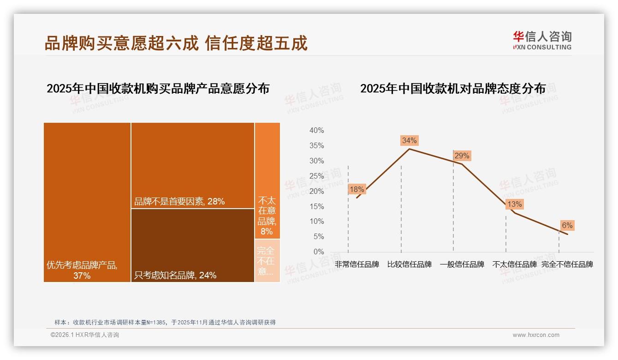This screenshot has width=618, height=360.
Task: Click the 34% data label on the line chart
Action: [x=409, y=140]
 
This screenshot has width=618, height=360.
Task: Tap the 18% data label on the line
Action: [x=357, y=189]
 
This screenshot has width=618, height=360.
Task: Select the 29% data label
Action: [x=462, y=156]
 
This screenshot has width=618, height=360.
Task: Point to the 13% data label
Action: [x=514, y=204]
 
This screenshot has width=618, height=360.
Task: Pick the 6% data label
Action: [x=567, y=225]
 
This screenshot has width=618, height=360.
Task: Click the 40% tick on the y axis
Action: [x=316, y=131]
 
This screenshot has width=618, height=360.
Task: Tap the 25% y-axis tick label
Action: [x=316, y=176]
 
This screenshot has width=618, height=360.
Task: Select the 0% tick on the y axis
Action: [x=318, y=252]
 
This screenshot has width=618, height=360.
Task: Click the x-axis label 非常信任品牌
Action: [x=357, y=264]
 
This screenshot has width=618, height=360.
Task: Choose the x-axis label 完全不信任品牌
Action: [x=567, y=264]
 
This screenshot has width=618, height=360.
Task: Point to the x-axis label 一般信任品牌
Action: [x=462, y=264]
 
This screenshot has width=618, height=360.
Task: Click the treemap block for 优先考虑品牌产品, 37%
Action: [x=87, y=202]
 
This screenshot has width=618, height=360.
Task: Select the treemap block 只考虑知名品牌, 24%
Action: [x=192, y=245]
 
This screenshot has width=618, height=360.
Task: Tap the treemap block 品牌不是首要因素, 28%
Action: [x=192, y=165]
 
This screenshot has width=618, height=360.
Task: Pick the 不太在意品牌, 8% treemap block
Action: [x=267, y=180]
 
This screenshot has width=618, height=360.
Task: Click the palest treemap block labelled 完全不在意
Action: [x=267, y=260]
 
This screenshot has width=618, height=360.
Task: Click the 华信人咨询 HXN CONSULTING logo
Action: [x=542, y=41]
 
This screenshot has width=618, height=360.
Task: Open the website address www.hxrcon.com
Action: [x=536, y=335]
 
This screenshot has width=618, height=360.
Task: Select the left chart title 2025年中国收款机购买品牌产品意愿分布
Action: [x=158, y=89]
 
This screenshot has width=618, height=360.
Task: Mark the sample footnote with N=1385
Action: [x=165, y=322]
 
